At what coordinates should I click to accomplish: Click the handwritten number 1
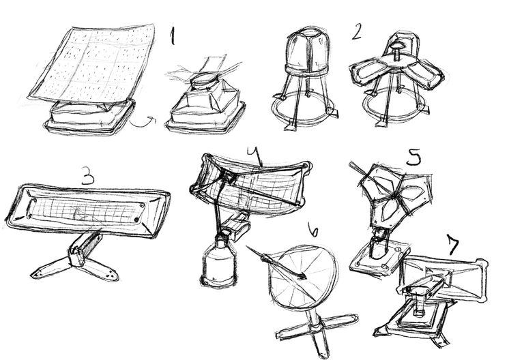173,35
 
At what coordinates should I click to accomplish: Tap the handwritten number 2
356,33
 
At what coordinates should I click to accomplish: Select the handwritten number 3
87,175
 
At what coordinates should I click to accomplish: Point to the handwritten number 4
256,155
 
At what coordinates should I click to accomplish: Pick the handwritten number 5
413,157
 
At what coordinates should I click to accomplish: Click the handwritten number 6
312,229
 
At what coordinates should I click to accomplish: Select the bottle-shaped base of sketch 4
218,262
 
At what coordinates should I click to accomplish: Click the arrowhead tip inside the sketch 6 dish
305,277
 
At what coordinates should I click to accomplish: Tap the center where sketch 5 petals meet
394,196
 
